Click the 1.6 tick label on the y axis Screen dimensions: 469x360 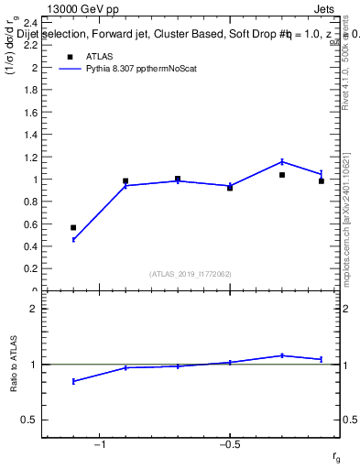(x=29, y=113)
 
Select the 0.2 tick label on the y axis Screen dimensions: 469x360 (x=29, y=269)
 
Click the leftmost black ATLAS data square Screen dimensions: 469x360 (x=73, y=227)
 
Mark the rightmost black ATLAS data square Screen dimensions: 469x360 (x=322, y=181)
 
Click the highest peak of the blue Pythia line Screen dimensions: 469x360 (x=282, y=162)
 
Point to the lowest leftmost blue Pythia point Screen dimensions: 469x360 (x=73, y=239)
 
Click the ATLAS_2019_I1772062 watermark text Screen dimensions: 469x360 (x=191, y=274)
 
